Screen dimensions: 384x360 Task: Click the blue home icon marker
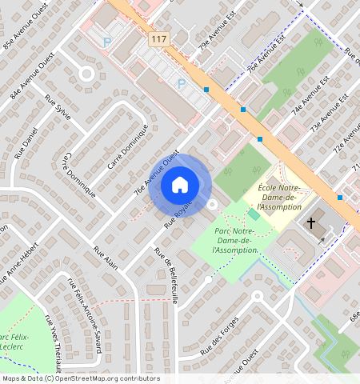[180, 186]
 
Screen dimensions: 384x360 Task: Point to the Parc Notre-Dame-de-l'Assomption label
[237, 240]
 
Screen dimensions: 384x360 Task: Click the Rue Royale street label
[179, 216]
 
